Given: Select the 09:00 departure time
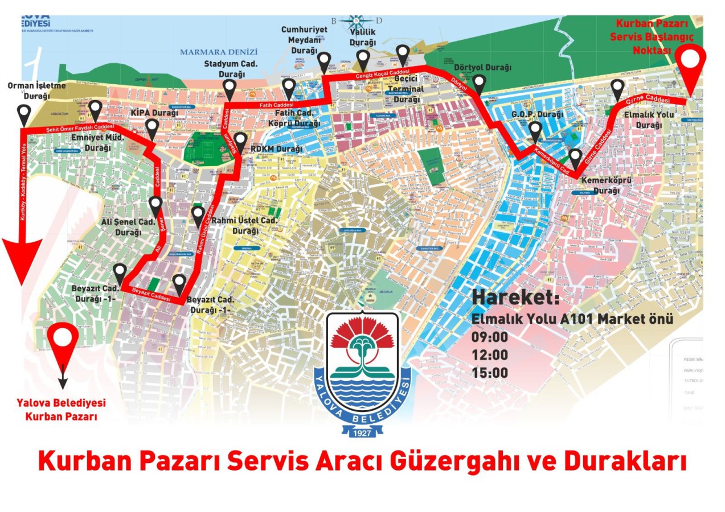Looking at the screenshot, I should click(490, 337).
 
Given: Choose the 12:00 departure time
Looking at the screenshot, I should click(490, 355).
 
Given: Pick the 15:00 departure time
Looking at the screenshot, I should click(490, 373).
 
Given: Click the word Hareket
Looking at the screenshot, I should click(515, 298).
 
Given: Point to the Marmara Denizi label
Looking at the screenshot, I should click(219, 52).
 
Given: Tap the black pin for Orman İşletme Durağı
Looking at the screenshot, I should click(24, 113).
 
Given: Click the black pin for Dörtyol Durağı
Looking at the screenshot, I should click(479, 83).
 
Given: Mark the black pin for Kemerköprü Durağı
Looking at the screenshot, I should click(575, 157).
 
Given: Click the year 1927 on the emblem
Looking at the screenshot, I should click(362, 433).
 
